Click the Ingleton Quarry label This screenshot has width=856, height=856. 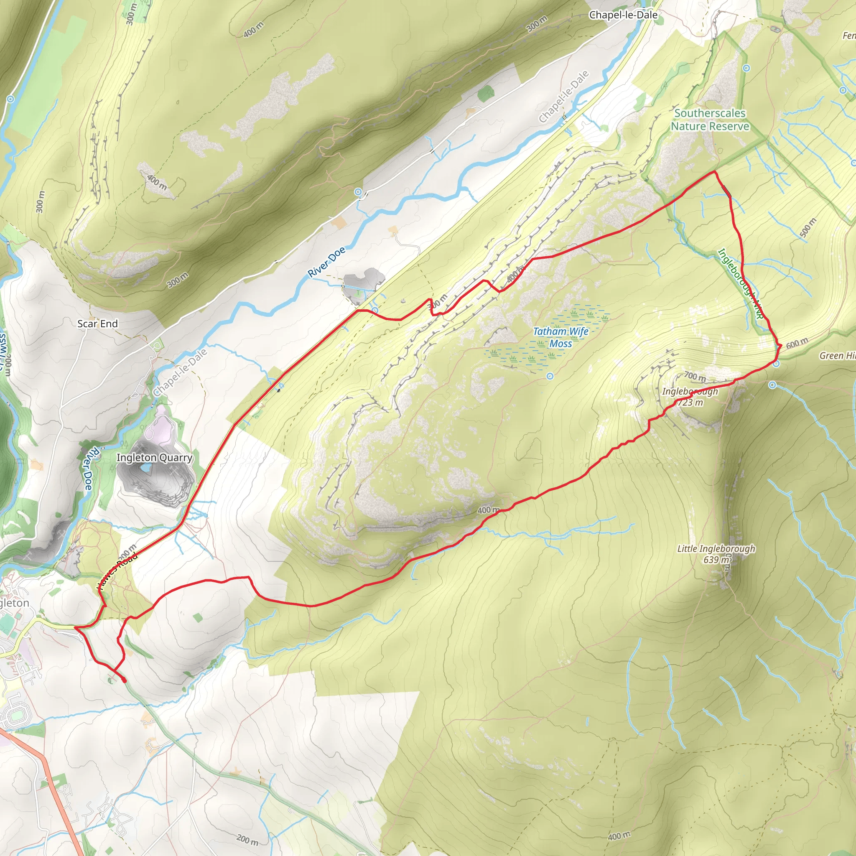tap(154, 458)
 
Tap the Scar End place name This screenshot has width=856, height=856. tap(97, 324)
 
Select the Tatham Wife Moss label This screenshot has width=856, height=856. tap(560, 337)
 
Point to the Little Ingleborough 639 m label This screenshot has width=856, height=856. tap(716, 554)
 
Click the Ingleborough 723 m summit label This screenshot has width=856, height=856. tap(690, 397)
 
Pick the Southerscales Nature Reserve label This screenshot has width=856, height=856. tap(710, 120)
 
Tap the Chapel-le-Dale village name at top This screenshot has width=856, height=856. tap(623, 15)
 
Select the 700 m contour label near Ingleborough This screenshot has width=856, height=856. tap(695, 377)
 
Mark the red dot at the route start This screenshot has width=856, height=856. tap(124, 680)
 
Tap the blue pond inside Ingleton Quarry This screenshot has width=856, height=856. tap(145, 468)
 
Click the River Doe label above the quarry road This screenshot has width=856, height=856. tap(326, 262)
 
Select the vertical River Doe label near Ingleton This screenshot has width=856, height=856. tap(88, 470)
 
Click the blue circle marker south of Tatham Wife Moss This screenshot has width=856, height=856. tap(550, 376)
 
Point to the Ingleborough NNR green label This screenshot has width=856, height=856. tap(740, 283)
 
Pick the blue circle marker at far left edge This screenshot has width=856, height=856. tap(10, 99)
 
